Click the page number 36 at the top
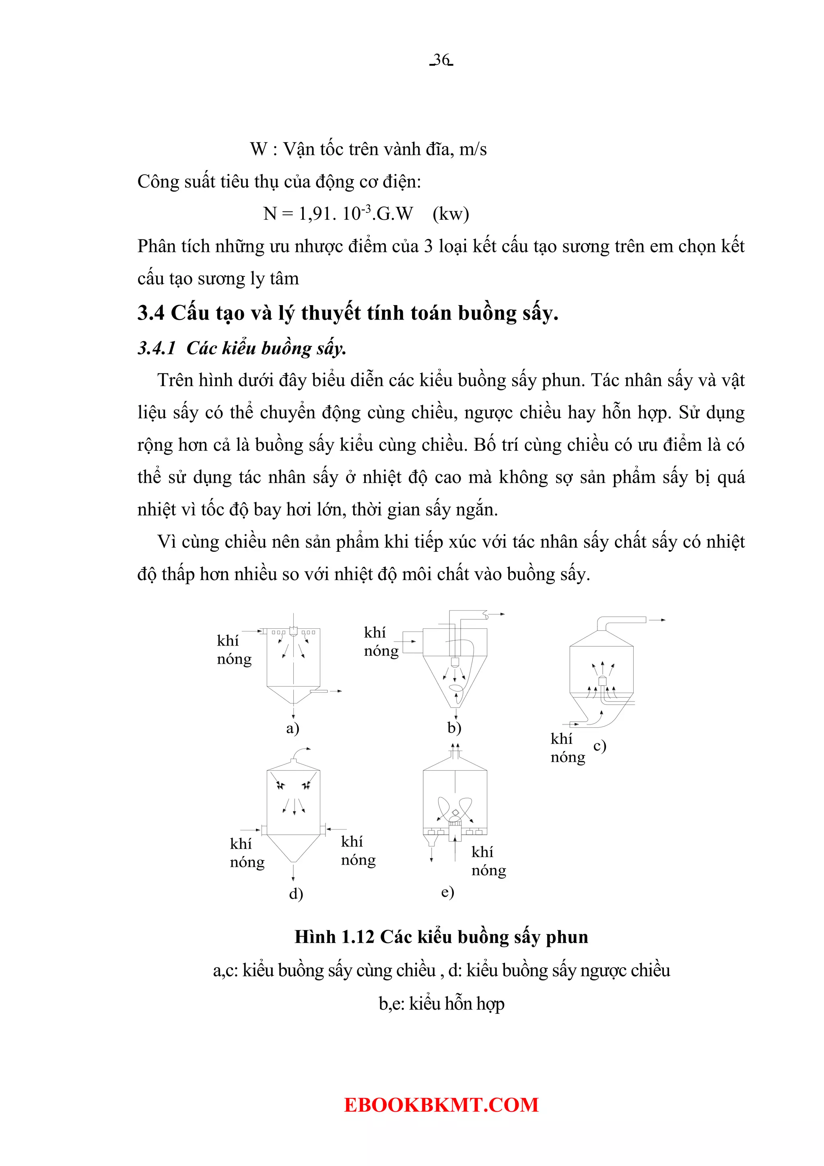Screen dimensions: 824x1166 coord(441,60)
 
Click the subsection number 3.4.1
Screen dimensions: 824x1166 coord(157,349)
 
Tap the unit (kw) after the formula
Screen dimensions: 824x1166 coord(450,214)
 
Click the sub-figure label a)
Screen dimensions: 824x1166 coord(293,728)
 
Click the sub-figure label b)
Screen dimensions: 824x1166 coord(454,728)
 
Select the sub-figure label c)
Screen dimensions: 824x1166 coord(599,745)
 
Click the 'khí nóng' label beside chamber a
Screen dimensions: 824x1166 coord(233,650)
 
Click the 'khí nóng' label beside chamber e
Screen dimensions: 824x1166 coord(488,861)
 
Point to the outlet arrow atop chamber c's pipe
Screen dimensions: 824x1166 coord(658,620)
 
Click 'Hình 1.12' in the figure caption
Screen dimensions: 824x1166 coord(334,937)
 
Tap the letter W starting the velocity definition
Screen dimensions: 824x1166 coord(258,149)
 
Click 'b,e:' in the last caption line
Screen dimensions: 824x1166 coord(391,1004)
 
